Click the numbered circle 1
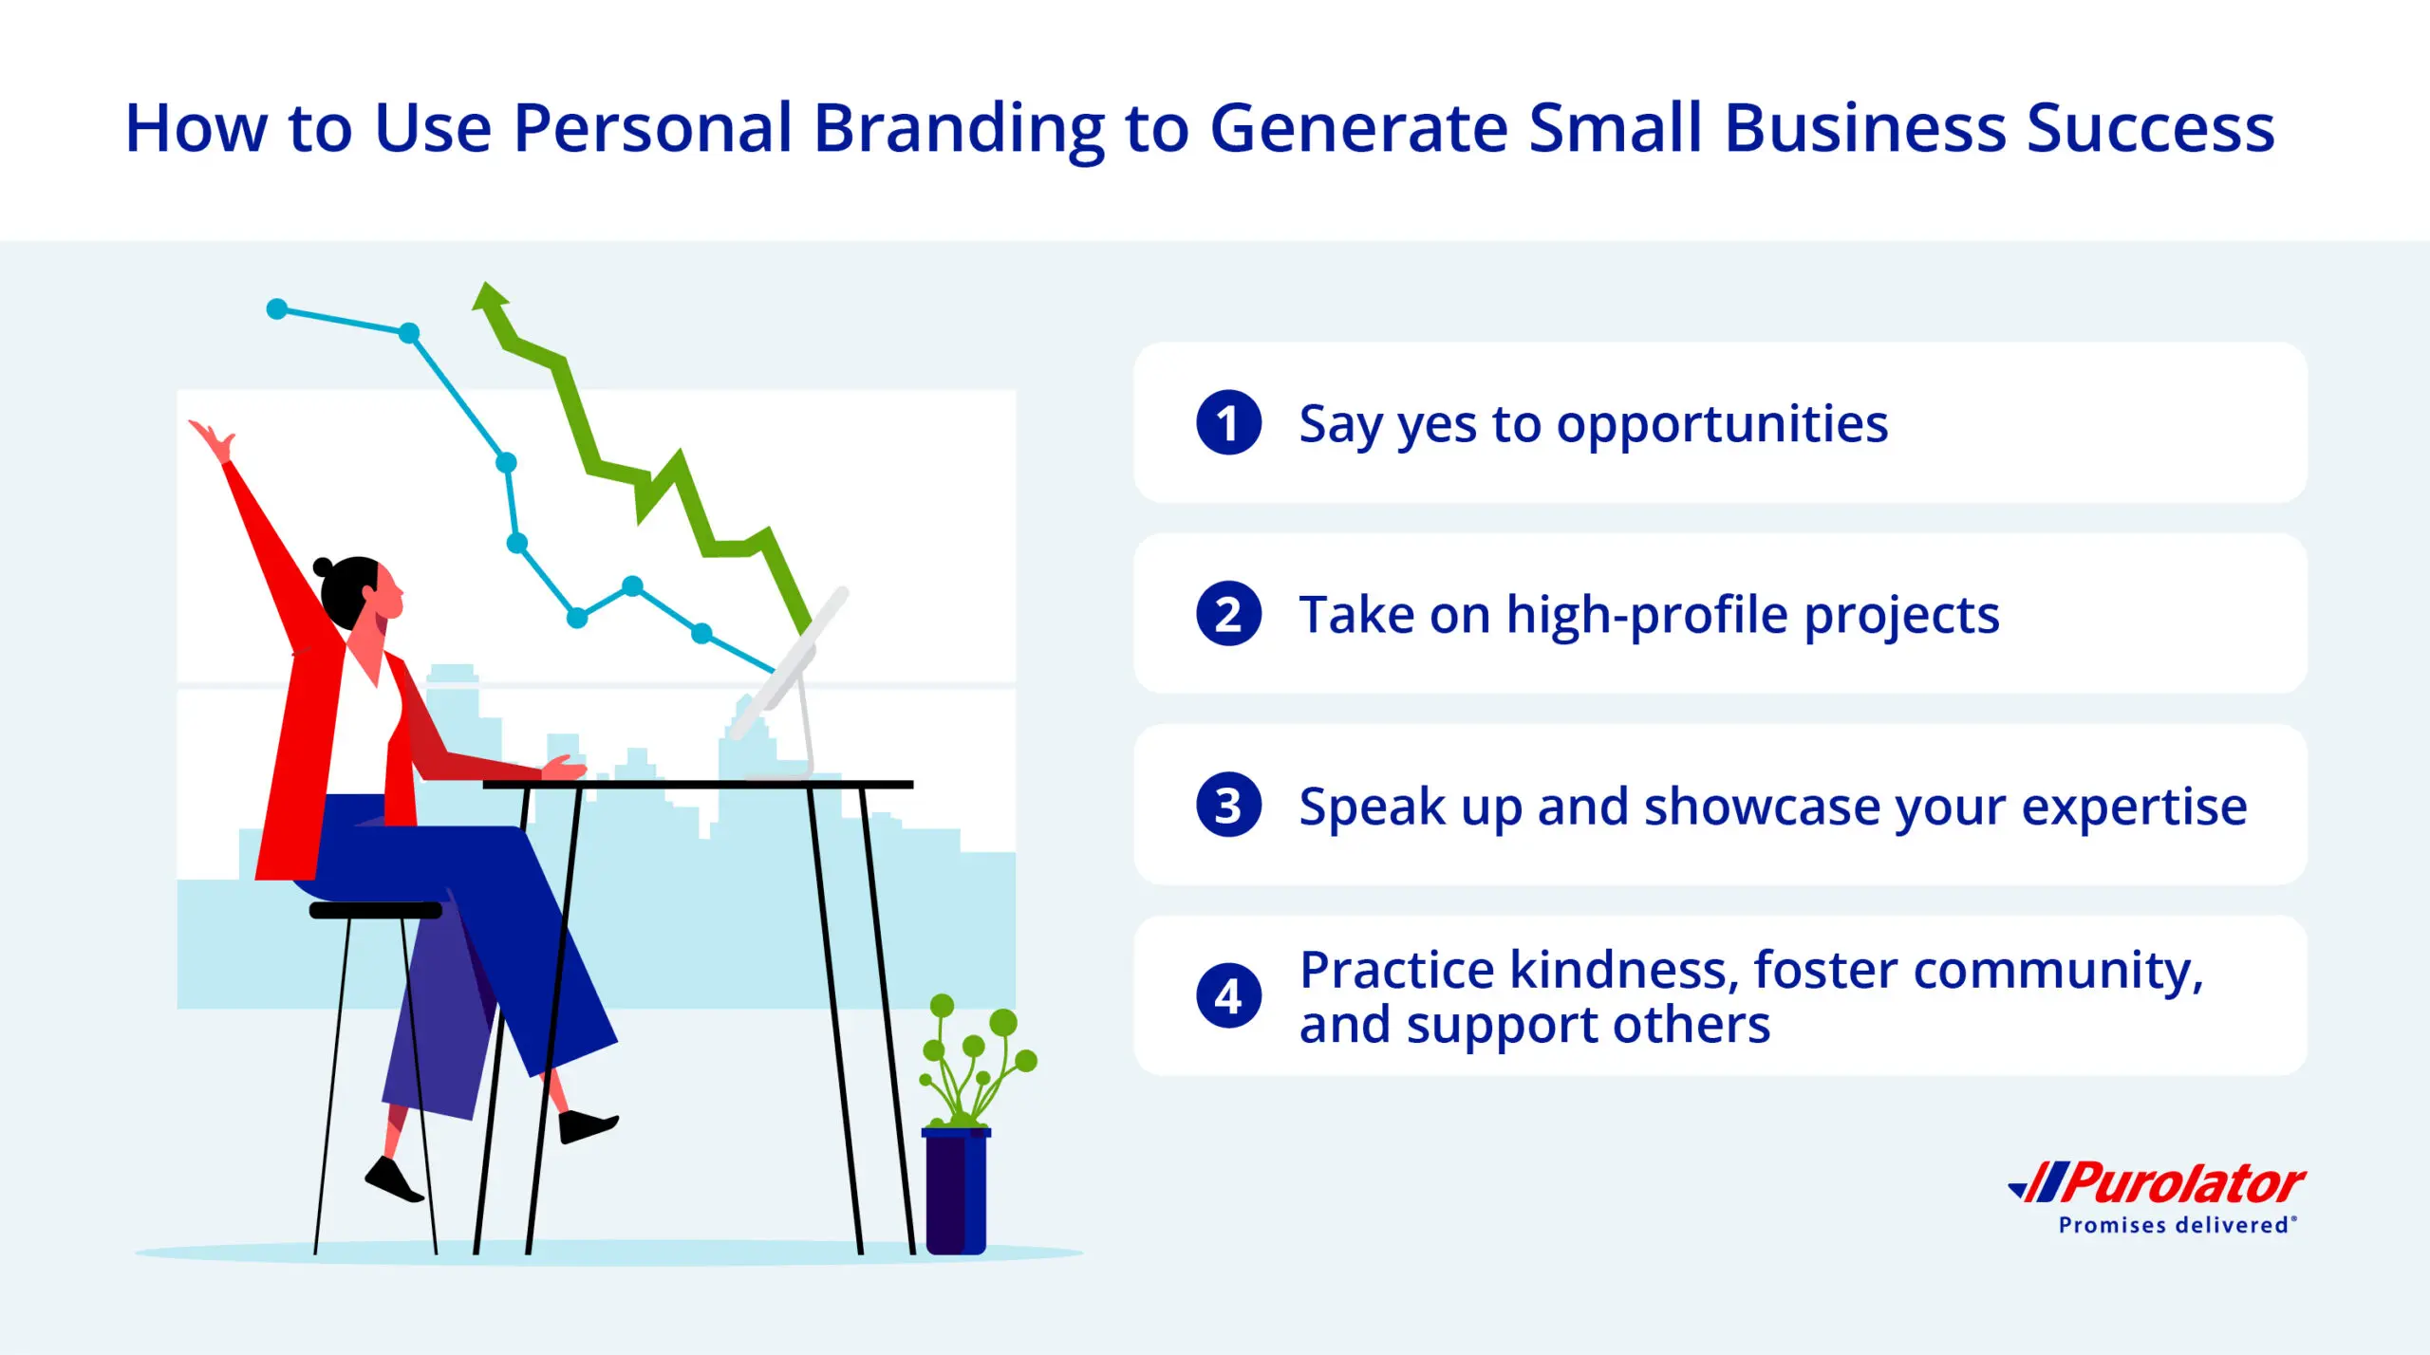(1228, 422)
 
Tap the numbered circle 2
(1228, 614)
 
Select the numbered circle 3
(1228, 805)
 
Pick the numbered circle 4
(1228, 996)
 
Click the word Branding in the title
(960, 131)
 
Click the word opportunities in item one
(1722, 425)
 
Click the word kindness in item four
(1624, 971)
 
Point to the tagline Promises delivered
(2177, 1225)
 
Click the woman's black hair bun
(323, 567)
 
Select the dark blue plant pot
(956, 1191)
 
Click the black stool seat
(376, 910)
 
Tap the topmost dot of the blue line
(277, 308)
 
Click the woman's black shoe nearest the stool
(394, 1180)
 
